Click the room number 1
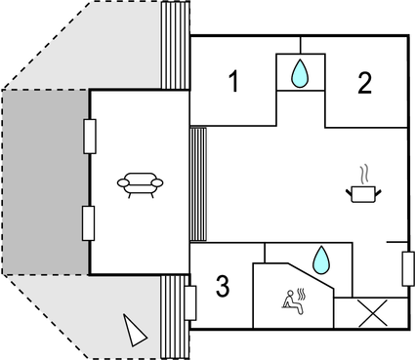click(x=233, y=82)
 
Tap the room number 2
click(x=364, y=83)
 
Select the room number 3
click(x=223, y=287)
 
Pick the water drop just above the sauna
click(x=319, y=260)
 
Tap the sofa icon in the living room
click(x=140, y=182)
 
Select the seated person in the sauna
click(x=289, y=301)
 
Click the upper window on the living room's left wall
click(x=89, y=136)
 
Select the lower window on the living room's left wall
click(x=89, y=223)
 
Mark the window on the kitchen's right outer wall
click(x=407, y=267)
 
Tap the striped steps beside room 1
click(x=175, y=44)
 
